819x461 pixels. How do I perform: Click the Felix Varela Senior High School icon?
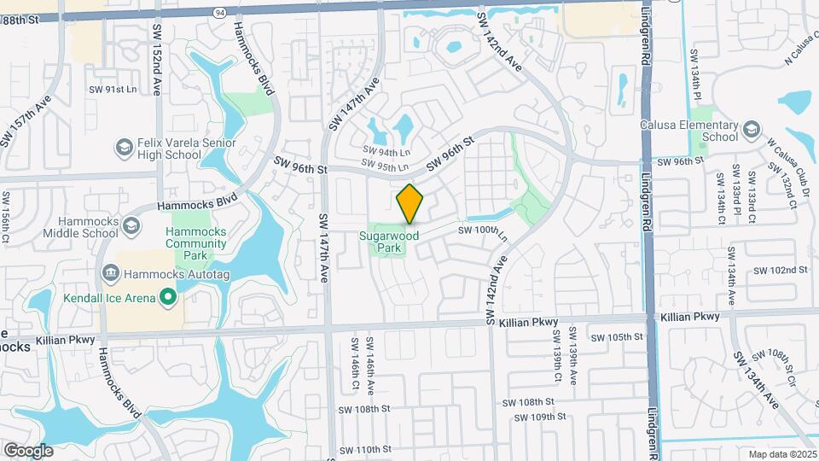point(125,149)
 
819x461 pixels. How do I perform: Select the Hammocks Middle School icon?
point(131,226)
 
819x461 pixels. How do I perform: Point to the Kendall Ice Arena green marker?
point(168,297)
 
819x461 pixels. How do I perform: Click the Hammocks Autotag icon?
point(111,274)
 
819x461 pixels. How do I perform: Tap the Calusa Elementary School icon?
point(751,131)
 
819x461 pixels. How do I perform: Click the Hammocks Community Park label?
point(196,242)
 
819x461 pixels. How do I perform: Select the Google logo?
point(28,450)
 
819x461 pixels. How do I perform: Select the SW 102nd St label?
point(781,270)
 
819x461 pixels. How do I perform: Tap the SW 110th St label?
point(364,449)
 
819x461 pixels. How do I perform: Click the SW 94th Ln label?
point(380,150)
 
